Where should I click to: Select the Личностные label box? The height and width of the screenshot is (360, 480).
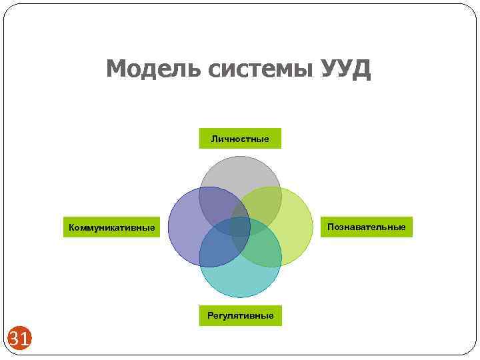tap(240, 139)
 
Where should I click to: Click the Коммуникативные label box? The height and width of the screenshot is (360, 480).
tap(111, 228)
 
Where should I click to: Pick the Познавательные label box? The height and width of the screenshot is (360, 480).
tap(366, 227)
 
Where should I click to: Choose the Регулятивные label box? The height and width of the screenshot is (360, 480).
tap(240, 315)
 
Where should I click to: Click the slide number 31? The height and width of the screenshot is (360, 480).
tap(19, 340)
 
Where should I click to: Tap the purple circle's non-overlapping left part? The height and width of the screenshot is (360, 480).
tap(183, 227)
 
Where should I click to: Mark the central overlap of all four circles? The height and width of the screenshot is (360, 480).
tap(240, 227)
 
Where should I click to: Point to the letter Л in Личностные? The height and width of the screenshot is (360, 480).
tap(214, 139)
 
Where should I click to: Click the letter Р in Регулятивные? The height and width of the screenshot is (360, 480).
tap(210, 315)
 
